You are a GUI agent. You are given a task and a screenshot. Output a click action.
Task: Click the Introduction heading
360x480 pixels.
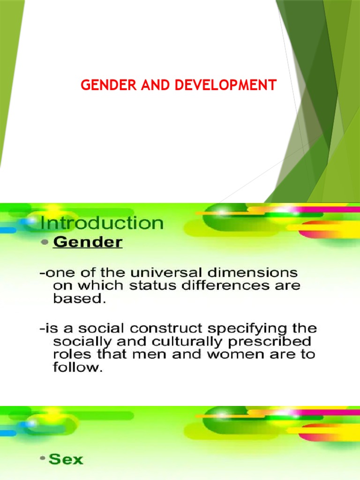coord(102,223)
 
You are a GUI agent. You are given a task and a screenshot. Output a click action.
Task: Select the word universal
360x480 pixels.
coord(152,272)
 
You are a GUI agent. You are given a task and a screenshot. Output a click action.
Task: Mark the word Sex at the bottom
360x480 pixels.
coord(66,459)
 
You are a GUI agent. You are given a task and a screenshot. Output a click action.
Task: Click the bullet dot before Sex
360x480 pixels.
coord(43,460)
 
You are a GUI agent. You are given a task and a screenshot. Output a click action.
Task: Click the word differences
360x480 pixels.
coord(215,285)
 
